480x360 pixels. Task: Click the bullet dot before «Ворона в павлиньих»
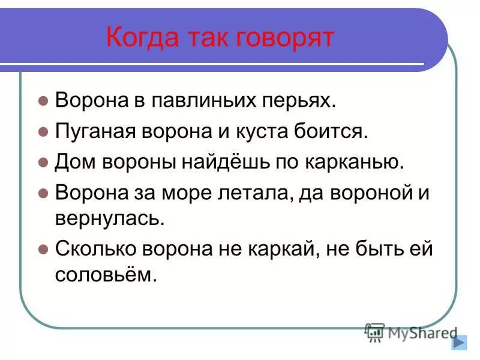click(x=43, y=101)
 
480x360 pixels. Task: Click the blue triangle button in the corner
click(x=458, y=342)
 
